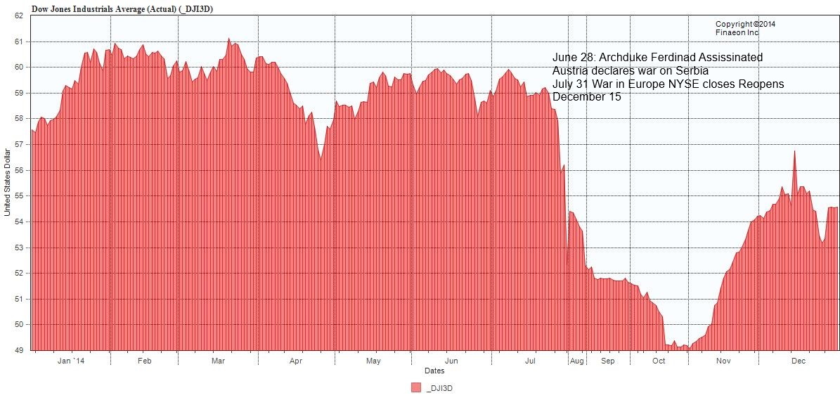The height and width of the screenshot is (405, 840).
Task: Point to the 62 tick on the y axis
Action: point(19,16)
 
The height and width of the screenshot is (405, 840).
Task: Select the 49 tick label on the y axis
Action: point(19,350)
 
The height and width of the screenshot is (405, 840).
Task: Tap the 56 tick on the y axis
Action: point(19,170)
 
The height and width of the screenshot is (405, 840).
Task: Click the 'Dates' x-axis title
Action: point(434,371)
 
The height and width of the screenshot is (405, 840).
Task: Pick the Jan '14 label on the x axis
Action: point(70,361)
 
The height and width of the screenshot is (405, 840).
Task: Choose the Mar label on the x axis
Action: point(218,361)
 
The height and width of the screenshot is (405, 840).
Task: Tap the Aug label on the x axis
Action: point(577,361)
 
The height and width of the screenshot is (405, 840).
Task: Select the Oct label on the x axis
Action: point(659,361)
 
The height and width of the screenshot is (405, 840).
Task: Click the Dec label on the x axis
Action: point(799,361)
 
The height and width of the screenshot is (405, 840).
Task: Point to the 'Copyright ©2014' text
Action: point(745,24)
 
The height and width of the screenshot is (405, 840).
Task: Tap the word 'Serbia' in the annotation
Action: point(692,71)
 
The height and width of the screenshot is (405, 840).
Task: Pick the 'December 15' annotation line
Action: point(586,97)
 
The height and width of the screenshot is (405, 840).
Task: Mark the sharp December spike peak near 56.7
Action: point(794,150)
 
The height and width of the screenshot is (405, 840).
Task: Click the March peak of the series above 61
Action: point(229,39)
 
